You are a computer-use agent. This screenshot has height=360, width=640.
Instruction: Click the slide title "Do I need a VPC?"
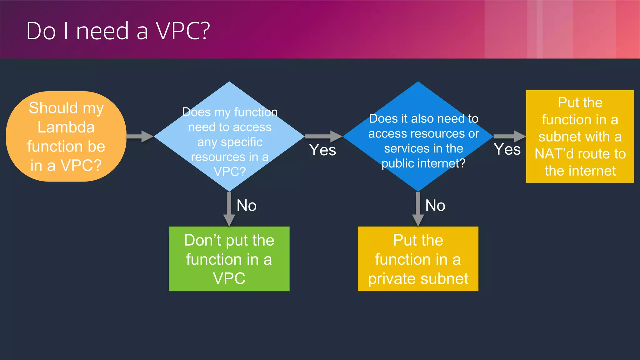[118, 31]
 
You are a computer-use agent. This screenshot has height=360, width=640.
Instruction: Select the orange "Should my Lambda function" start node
[66, 137]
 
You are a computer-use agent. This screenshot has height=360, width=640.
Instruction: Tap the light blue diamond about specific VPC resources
[229, 137]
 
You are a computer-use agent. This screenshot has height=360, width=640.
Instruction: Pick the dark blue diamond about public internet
[418, 137]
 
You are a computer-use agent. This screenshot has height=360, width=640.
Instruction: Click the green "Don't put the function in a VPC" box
[229, 259]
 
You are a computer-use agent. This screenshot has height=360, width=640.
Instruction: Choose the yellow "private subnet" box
[418, 259]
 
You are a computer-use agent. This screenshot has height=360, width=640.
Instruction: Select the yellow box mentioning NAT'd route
[580, 137]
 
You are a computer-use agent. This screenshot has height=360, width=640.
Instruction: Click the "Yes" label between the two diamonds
[322, 150]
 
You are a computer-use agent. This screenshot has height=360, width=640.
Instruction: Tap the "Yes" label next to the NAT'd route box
[507, 149]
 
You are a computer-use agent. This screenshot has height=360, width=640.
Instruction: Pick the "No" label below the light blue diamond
[247, 206]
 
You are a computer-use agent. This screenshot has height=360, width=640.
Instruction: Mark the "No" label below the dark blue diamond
[435, 206]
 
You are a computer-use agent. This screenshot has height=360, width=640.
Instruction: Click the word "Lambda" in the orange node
[66, 127]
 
